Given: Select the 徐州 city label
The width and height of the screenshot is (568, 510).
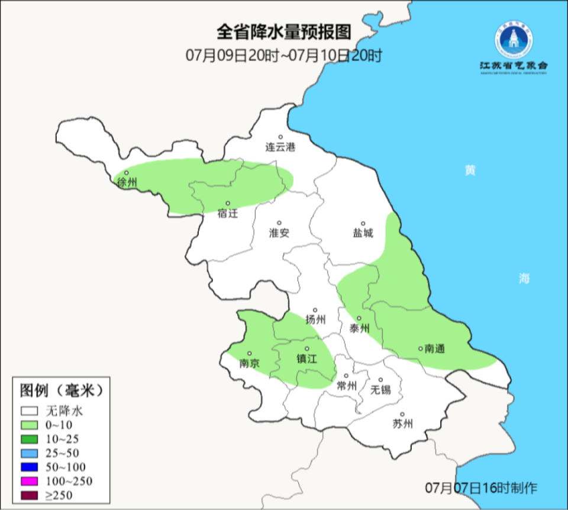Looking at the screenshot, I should [x=127, y=183].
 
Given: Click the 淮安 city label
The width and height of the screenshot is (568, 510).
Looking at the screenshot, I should [x=279, y=233].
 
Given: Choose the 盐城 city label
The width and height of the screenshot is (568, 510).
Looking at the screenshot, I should [x=363, y=233].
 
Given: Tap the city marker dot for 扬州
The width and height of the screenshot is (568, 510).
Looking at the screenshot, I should [x=315, y=310].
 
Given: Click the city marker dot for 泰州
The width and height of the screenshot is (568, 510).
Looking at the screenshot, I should [x=359, y=319].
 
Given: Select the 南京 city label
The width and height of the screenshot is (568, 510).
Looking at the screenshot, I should [x=249, y=364].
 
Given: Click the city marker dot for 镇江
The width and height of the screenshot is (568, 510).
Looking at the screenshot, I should [x=307, y=348].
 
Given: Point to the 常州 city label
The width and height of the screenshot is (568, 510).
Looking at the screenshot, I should [x=346, y=386].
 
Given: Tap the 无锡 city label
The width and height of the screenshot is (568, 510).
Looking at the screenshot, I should [x=380, y=390].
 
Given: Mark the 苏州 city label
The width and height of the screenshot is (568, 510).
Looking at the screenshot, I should [x=402, y=424].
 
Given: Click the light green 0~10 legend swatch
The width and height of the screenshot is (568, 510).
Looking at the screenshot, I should [x=30, y=425].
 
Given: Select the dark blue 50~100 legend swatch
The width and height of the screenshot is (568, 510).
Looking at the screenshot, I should [x=30, y=466].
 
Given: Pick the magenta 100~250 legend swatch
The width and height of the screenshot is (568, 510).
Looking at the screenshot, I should [x=30, y=480].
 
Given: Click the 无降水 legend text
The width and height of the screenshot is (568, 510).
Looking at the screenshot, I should [x=65, y=410].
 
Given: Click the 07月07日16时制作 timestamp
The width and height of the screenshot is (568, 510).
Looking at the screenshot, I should [x=482, y=488].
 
